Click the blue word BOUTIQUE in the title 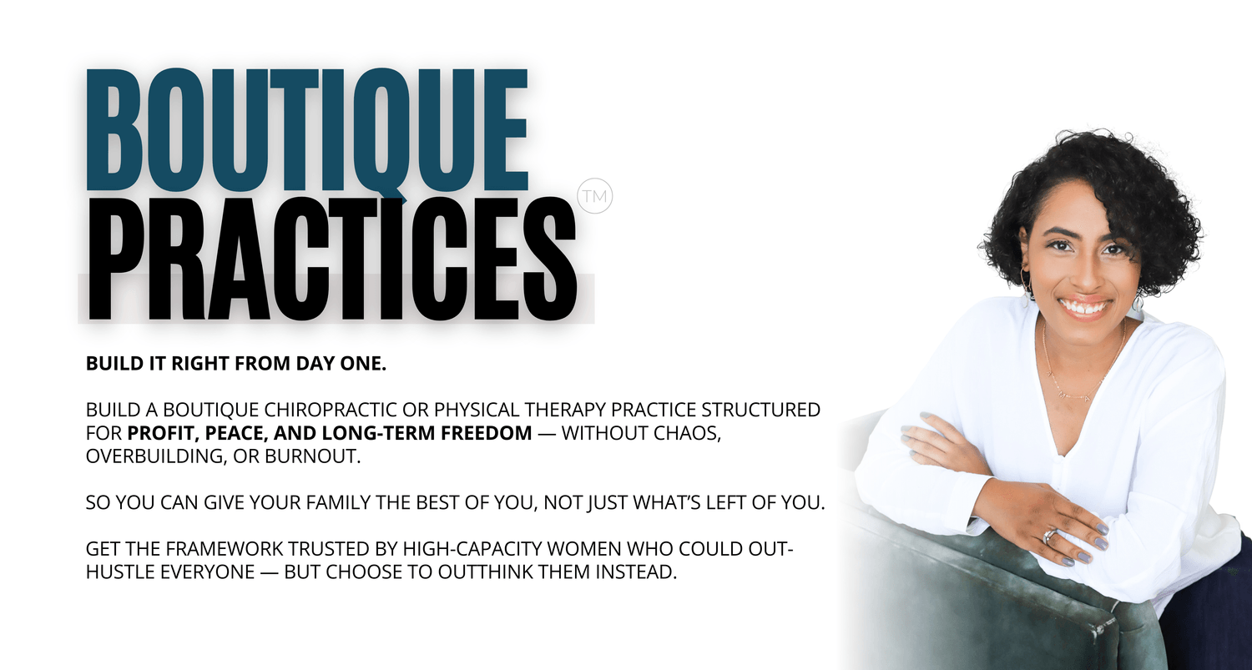click(307, 132)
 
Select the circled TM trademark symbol click(595, 197)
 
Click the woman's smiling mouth click(1085, 306)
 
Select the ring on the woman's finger click(1050, 536)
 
